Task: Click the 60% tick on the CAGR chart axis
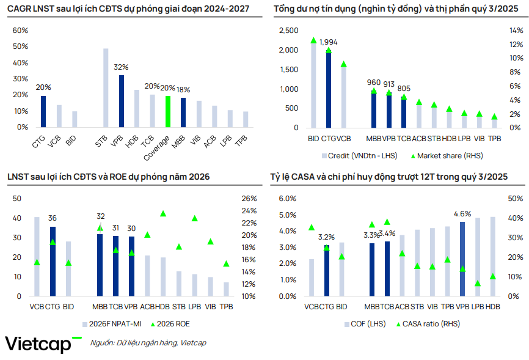(x=20, y=31)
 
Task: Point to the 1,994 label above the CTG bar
(x=329, y=42)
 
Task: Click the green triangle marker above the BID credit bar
(x=313, y=40)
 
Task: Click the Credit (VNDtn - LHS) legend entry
(x=359, y=156)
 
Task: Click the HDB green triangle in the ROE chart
(x=163, y=213)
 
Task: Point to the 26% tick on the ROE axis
(x=249, y=199)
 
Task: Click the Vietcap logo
(x=43, y=343)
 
